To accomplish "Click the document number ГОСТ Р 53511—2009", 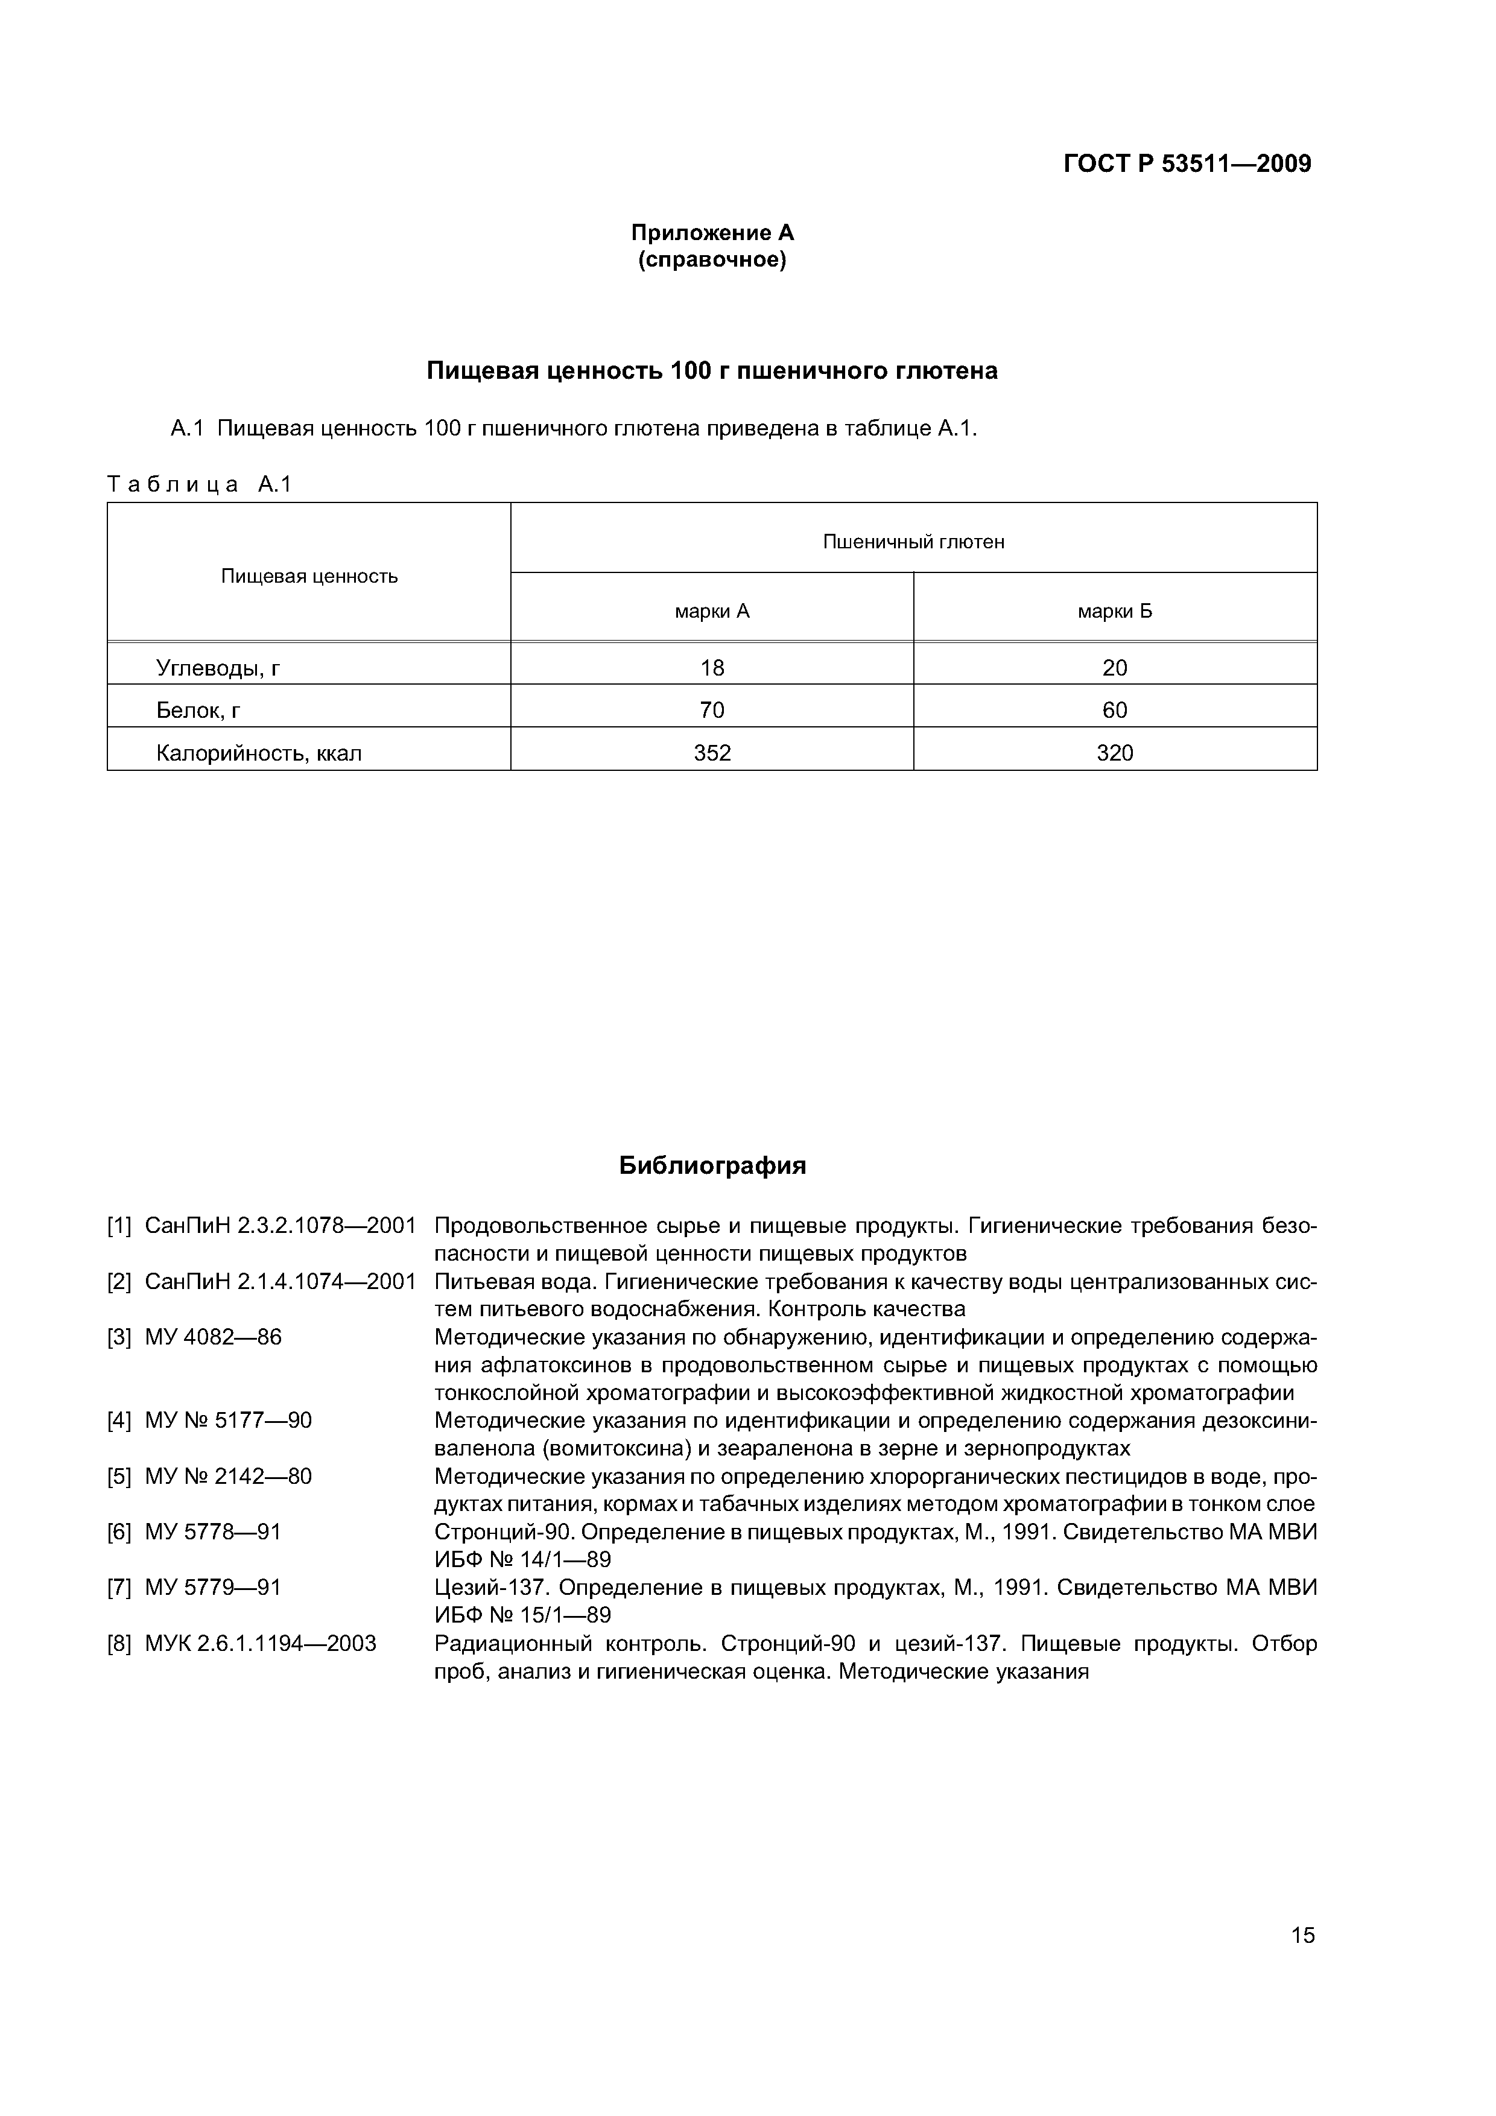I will [x=1187, y=164].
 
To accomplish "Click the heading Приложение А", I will [x=712, y=232].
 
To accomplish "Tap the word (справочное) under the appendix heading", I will [x=712, y=261].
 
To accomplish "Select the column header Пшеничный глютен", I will [x=913, y=542].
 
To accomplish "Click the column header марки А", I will [x=712, y=611].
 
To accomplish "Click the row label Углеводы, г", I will [x=218, y=667].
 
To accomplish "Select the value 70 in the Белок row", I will [x=712, y=709].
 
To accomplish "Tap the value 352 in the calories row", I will [x=712, y=753].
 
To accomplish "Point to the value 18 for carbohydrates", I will [x=712, y=667].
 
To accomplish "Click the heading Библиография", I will [x=712, y=1166].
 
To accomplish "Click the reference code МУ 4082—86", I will [x=213, y=1337].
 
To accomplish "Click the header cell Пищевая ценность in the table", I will [x=309, y=577].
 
